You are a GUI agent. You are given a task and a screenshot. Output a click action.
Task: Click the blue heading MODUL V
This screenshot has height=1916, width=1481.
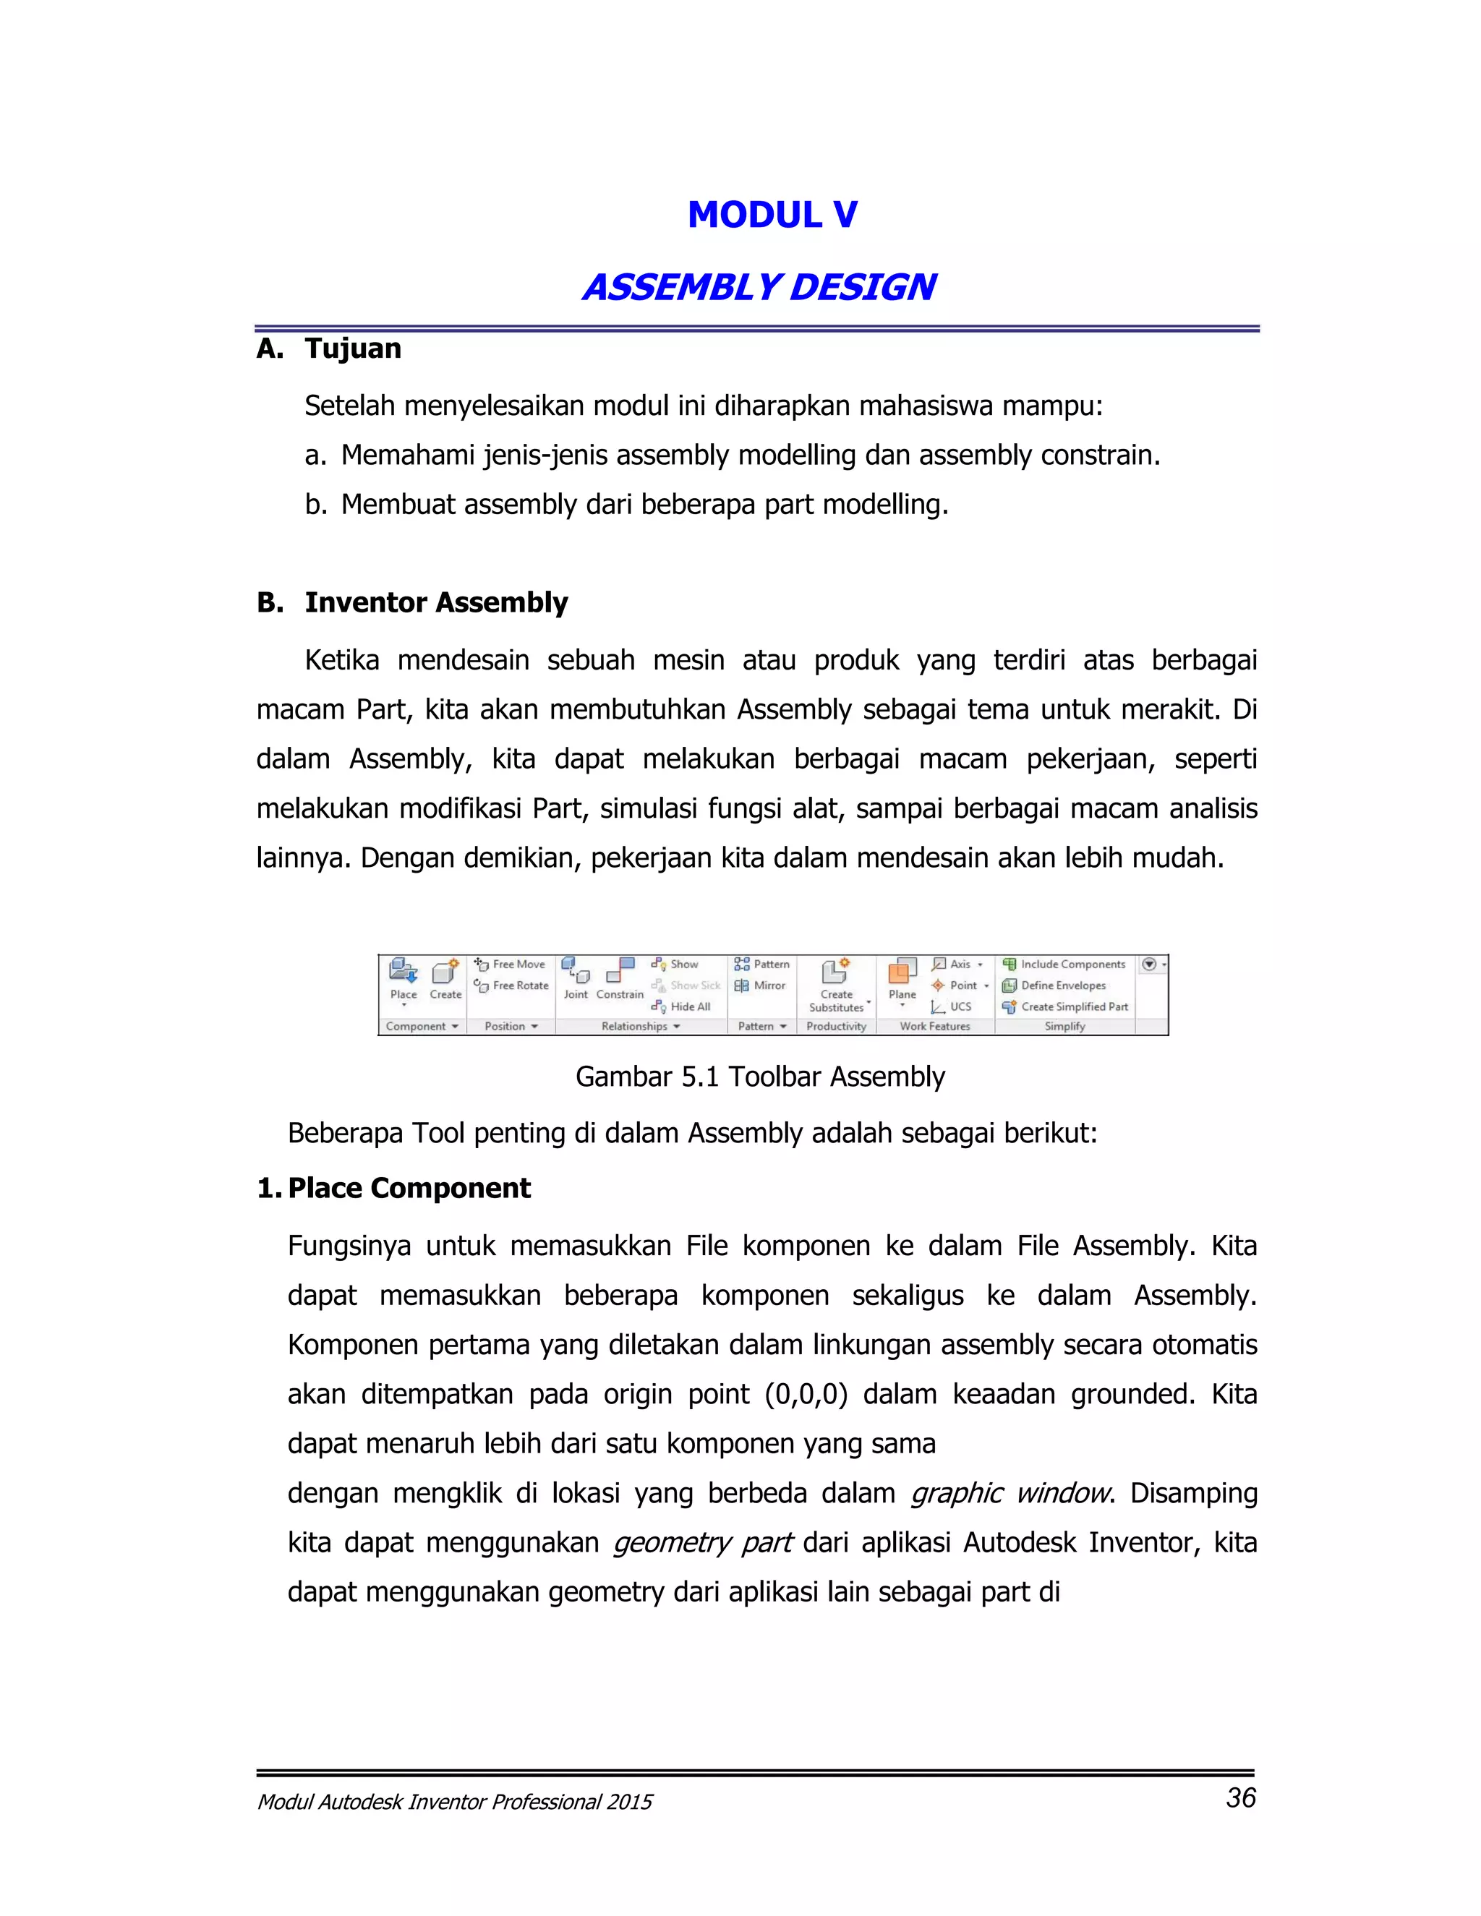coord(772,215)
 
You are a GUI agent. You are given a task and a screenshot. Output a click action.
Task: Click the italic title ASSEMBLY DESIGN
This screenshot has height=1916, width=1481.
coord(759,287)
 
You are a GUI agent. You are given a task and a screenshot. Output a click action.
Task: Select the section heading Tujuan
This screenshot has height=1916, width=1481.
coord(353,348)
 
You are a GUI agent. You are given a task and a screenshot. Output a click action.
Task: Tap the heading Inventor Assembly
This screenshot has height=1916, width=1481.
coord(436,603)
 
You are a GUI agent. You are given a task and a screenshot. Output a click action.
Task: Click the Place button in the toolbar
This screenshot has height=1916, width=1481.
coord(404,978)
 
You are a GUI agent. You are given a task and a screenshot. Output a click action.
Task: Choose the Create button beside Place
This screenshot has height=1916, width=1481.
coord(445,978)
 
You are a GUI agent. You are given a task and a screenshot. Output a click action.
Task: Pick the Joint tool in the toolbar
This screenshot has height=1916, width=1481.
coord(576,978)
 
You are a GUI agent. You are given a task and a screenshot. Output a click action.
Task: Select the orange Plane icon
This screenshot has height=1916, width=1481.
coord(902,972)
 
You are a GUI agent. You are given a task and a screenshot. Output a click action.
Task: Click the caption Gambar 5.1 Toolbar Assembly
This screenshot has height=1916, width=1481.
coord(760,1077)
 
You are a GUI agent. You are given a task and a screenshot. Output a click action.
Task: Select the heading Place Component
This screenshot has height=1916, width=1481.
coord(409,1188)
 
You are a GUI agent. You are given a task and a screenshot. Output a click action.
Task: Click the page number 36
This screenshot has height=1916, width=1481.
coord(1241,1797)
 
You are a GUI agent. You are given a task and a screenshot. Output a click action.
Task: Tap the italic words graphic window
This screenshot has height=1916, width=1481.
coord(1010,1492)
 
